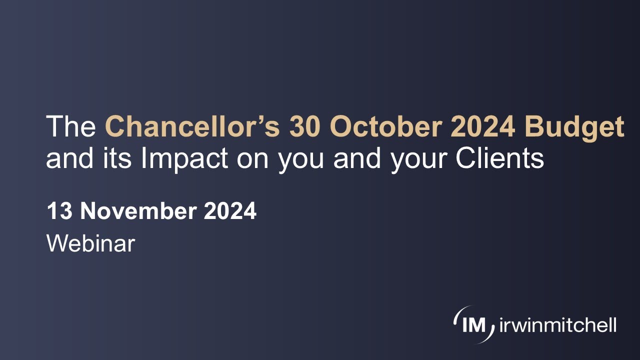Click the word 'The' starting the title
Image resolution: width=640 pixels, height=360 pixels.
(x=70, y=127)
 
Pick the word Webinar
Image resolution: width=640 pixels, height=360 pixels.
(x=90, y=243)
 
